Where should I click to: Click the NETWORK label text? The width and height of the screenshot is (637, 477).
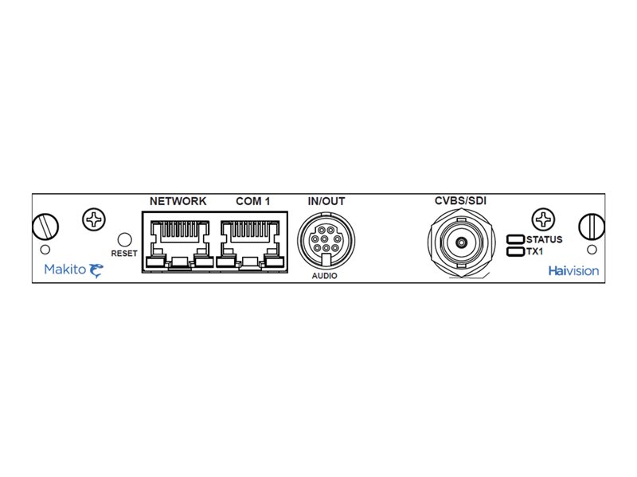coord(178,201)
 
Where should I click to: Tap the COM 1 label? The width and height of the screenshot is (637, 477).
coord(253,201)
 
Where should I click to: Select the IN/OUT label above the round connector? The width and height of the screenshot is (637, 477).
coord(326,201)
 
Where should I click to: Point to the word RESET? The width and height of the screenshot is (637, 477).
coord(125,254)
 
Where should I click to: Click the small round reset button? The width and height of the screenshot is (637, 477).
coord(124,238)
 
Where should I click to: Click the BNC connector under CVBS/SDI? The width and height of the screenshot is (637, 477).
coord(460,242)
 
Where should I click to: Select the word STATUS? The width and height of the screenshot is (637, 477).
coord(545,239)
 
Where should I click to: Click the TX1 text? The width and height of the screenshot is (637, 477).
coord(535,251)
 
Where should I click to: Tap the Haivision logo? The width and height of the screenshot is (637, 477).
coord(573,270)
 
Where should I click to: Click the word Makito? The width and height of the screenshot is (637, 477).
coord(61,270)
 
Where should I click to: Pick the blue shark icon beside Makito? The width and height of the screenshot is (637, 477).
coord(96,270)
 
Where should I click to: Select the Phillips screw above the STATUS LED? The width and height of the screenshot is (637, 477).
coord(545,219)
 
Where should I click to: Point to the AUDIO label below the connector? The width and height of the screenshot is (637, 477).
coord(324,276)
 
